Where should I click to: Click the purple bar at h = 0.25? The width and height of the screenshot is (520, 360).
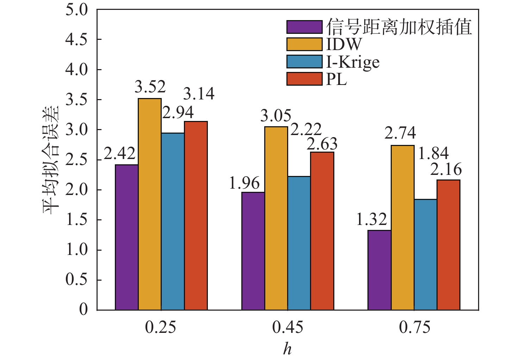coord(126,237)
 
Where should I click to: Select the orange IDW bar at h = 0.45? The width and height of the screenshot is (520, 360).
coord(276,218)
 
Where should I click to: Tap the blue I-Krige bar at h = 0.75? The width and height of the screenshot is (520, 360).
coord(426,255)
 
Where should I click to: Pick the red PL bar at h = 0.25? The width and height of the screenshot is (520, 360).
coord(196,216)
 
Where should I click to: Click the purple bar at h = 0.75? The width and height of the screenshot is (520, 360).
coord(379,270)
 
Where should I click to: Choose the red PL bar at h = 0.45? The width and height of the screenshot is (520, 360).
coord(322,231)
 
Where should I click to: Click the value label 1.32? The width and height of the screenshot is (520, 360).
coord(371,219)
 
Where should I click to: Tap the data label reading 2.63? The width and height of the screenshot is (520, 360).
coord(322,144)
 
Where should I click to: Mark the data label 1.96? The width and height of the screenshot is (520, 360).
coord(244,183)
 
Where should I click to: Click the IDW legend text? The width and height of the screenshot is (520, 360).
coord(344,44)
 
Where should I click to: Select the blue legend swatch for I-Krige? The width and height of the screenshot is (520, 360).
coord(304,62)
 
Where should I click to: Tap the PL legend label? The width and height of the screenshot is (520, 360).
coord(336,79)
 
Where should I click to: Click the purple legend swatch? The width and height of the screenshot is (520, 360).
coord(304,27)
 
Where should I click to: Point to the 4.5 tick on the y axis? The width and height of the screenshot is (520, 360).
coord(76,39)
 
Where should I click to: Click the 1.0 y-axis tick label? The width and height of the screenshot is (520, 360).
coord(76,250)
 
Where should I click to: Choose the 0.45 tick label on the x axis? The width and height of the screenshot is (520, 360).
coord(287,328)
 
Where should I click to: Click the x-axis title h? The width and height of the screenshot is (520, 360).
coord(287,349)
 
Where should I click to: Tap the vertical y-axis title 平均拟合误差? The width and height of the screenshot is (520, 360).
coord(50,160)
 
